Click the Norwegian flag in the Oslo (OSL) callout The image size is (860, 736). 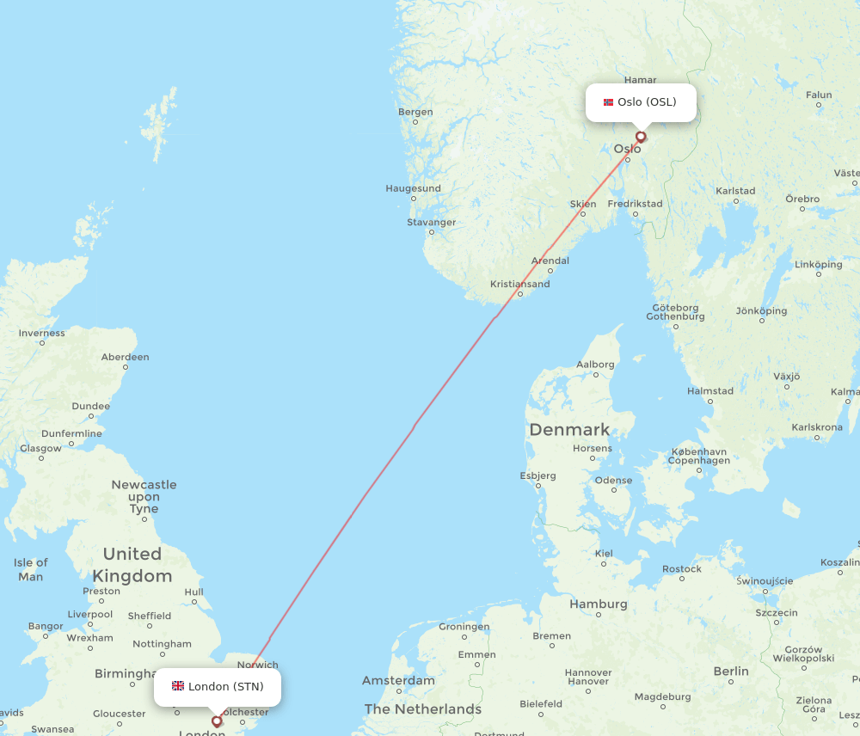click(x=608, y=102)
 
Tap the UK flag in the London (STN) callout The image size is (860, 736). click(x=178, y=686)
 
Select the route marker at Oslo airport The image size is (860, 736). click(x=641, y=136)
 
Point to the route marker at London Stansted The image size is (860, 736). click(x=217, y=721)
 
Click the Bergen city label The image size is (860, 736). click(x=415, y=112)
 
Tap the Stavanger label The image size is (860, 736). click(x=432, y=223)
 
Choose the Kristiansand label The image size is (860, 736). click(x=519, y=284)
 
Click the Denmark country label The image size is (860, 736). click(x=569, y=429)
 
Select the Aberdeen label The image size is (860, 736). click(x=125, y=357)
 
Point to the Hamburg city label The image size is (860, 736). click(x=599, y=604)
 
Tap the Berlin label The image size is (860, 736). click(x=731, y=672)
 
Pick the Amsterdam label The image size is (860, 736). click(x=398, y=680)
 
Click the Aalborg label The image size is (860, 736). click(x=595, y=365)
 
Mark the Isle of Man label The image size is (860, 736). click(x=30, y=569)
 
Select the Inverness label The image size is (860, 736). click(x=42, y=334)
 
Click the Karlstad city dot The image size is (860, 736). click(x=735, y=202)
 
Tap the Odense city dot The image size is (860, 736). click(x=614, y=491)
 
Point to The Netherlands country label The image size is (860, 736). click(x=423, y=709)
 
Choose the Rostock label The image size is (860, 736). click(x=682, y=569)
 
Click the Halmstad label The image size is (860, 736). click(x=710, y=391)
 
